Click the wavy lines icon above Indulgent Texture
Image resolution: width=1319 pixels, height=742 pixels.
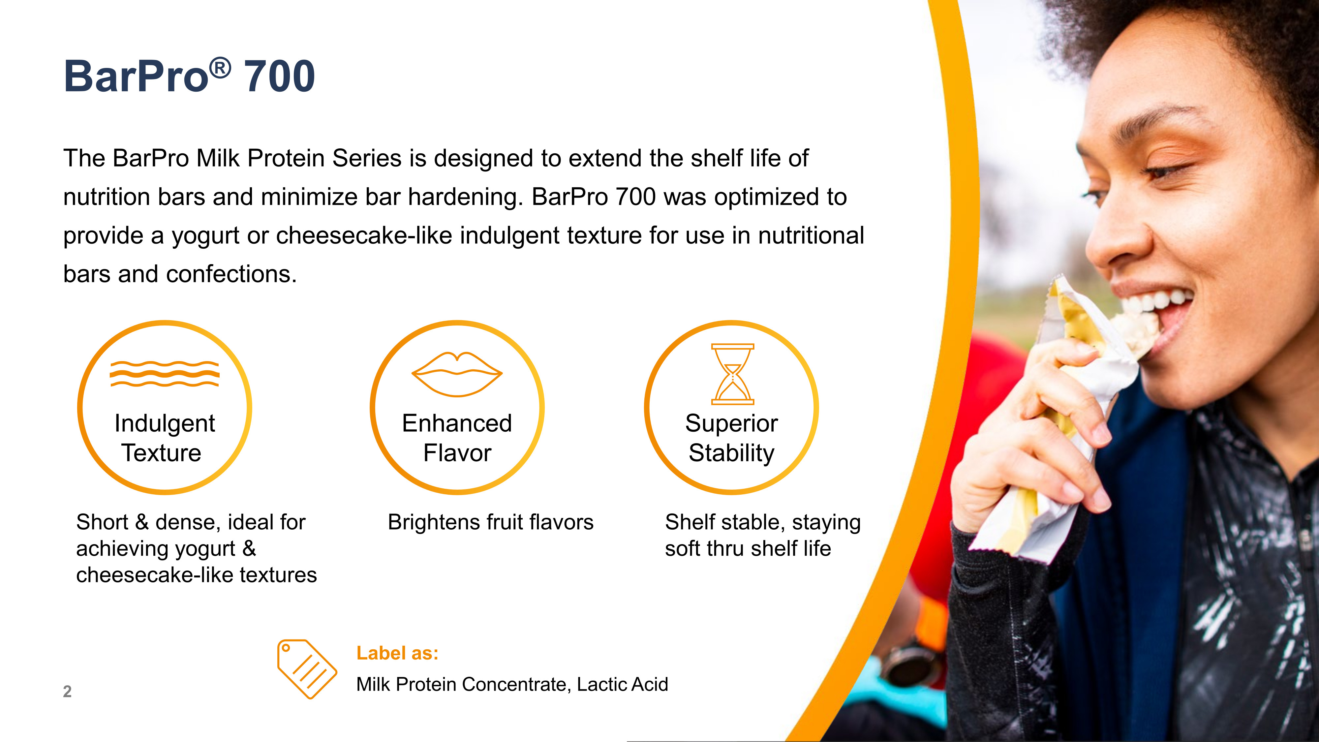tap(165, 374)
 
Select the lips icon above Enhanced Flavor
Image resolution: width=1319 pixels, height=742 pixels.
tap(457, 374)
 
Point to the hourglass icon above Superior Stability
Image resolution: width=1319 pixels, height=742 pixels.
tap(733, 374)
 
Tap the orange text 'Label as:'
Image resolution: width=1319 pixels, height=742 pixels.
tap(397, 653)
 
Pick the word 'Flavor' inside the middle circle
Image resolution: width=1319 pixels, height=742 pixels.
tap(457, 453)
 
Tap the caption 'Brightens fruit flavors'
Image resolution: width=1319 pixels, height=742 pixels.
tap(491, 522)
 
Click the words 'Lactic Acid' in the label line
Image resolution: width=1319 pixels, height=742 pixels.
tap(622, 684)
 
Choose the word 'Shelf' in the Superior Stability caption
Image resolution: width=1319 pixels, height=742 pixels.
tap(690, 522)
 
